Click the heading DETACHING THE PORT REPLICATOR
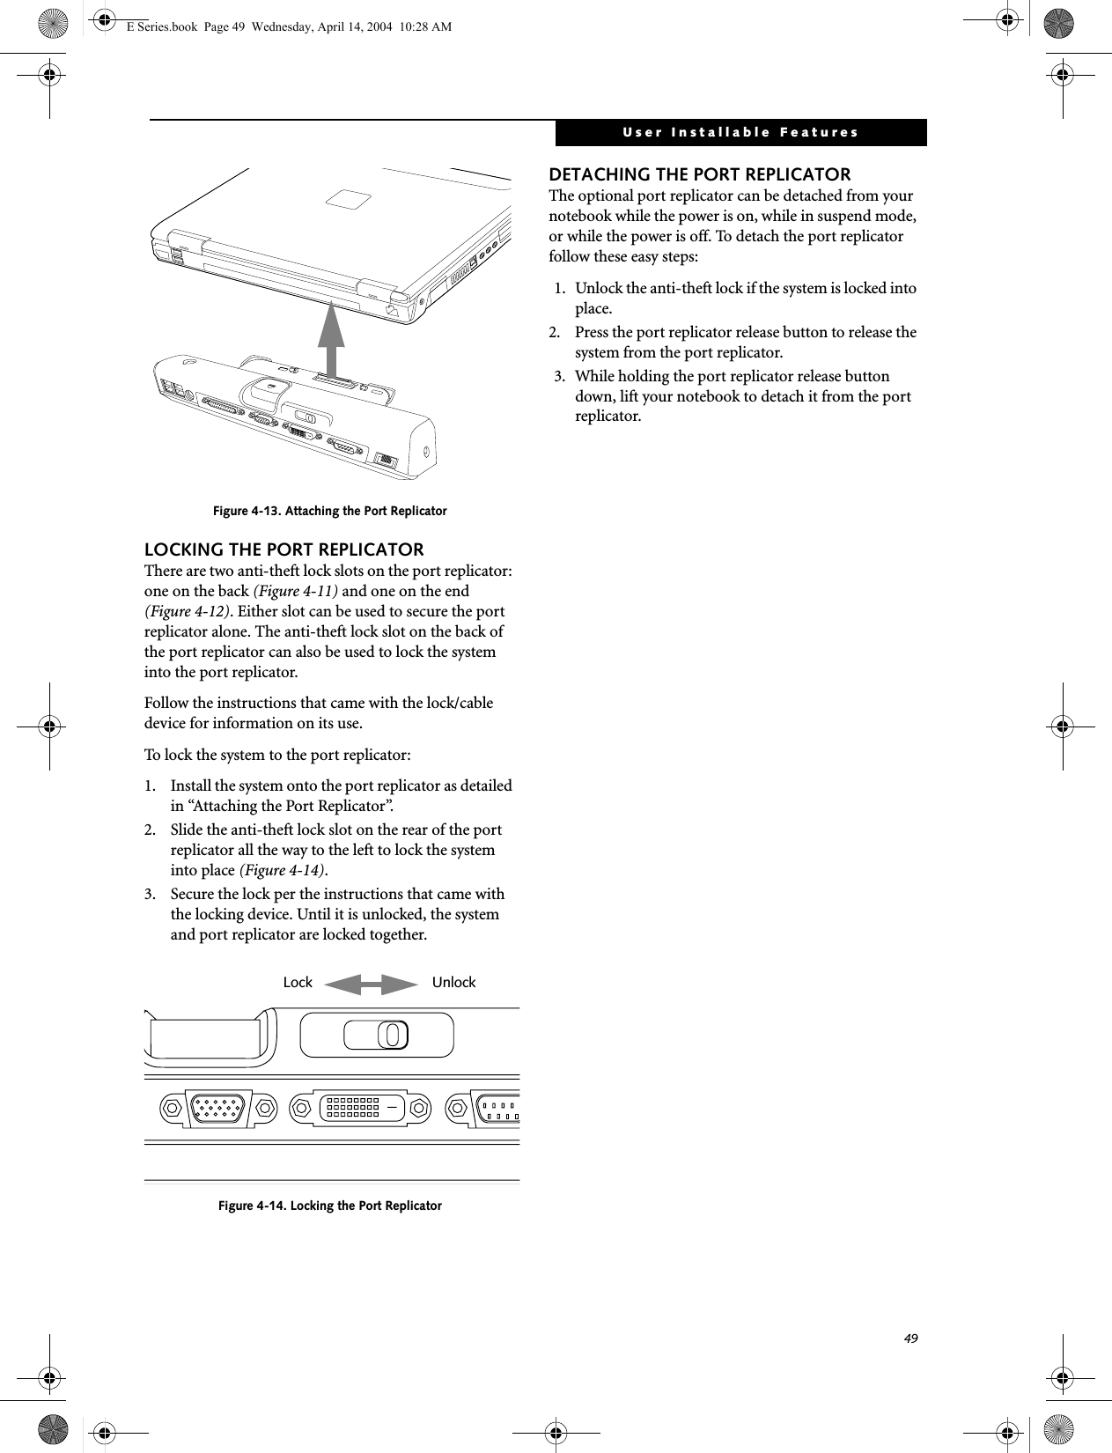point(700,174)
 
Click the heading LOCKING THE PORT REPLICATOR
point(284,550)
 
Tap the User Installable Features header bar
point(740,133)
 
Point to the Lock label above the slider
point(298,983)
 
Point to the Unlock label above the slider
point(453,983)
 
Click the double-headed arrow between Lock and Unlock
point(371,984)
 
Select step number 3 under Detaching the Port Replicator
point(559,377)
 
